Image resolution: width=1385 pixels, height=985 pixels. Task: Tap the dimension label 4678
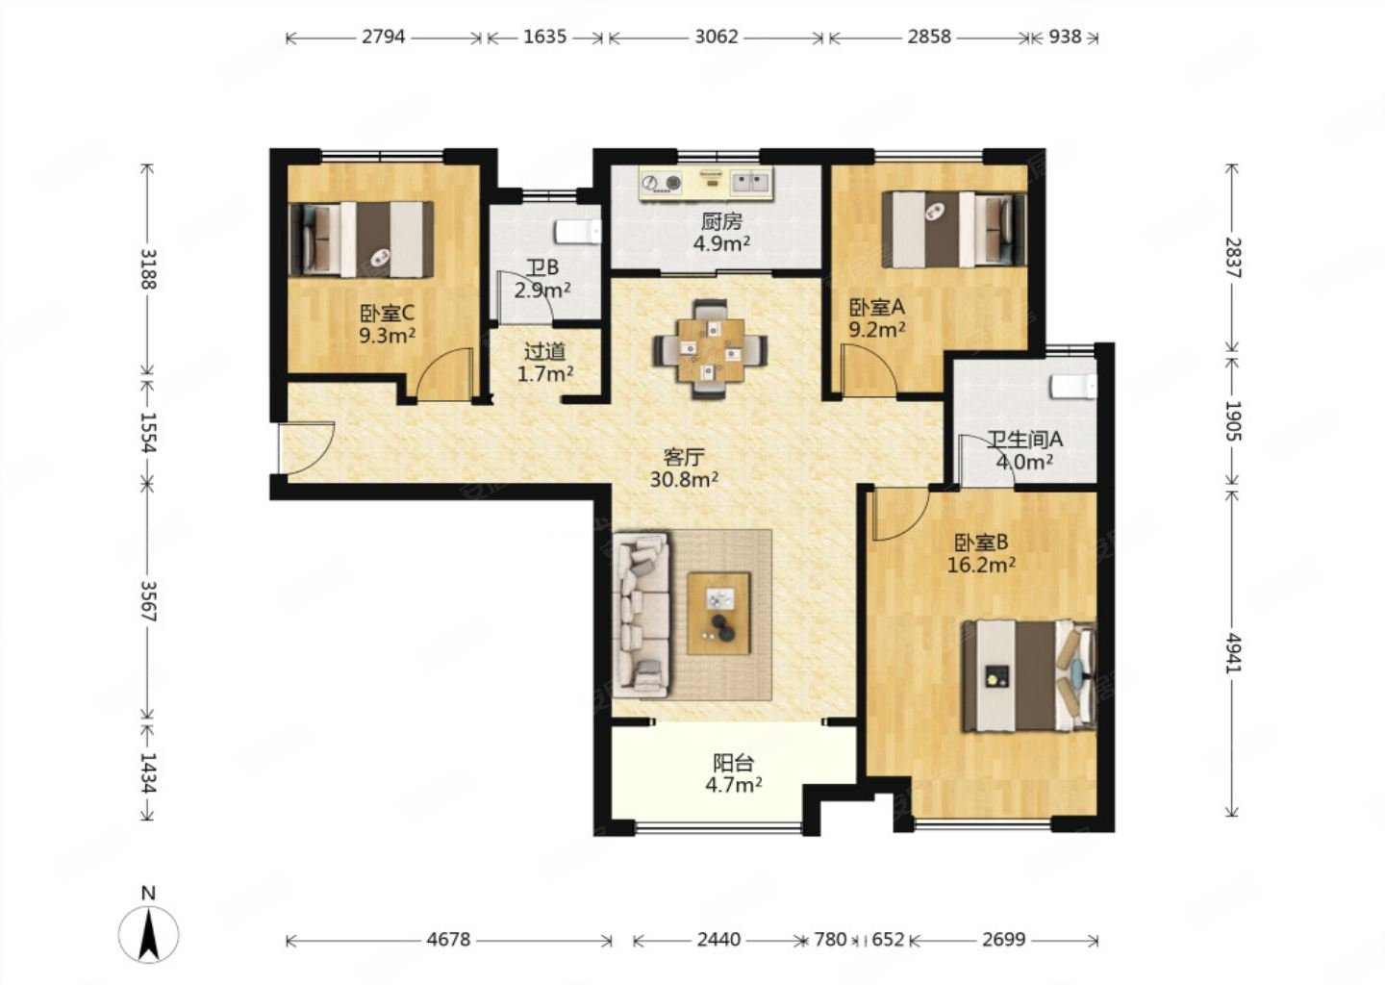tap(448, 941)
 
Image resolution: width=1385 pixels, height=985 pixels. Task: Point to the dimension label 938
tap(1066, 38)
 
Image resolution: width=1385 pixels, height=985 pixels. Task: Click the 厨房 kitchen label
tap(721, 221)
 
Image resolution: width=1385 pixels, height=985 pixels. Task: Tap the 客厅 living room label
tap(684, 458)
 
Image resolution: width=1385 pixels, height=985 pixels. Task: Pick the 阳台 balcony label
tap(733, 763)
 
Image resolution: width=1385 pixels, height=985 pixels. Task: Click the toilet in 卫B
tap(577, 231)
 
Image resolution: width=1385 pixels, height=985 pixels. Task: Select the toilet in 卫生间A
tap(1073, 386)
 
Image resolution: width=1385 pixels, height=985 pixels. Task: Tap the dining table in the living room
tap(711, 349)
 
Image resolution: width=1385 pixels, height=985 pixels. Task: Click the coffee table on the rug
tap(718, 614)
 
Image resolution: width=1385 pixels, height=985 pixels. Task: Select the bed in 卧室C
tap(361, 240)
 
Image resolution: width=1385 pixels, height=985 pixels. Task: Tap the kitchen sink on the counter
tap(750, 182)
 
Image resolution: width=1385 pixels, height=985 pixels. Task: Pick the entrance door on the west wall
tap(307, 451)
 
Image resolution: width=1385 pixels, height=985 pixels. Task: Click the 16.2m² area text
tap(981, 565)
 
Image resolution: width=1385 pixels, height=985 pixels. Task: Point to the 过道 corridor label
tap(544, 352)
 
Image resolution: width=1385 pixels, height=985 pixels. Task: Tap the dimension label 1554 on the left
tap(148, 431)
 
